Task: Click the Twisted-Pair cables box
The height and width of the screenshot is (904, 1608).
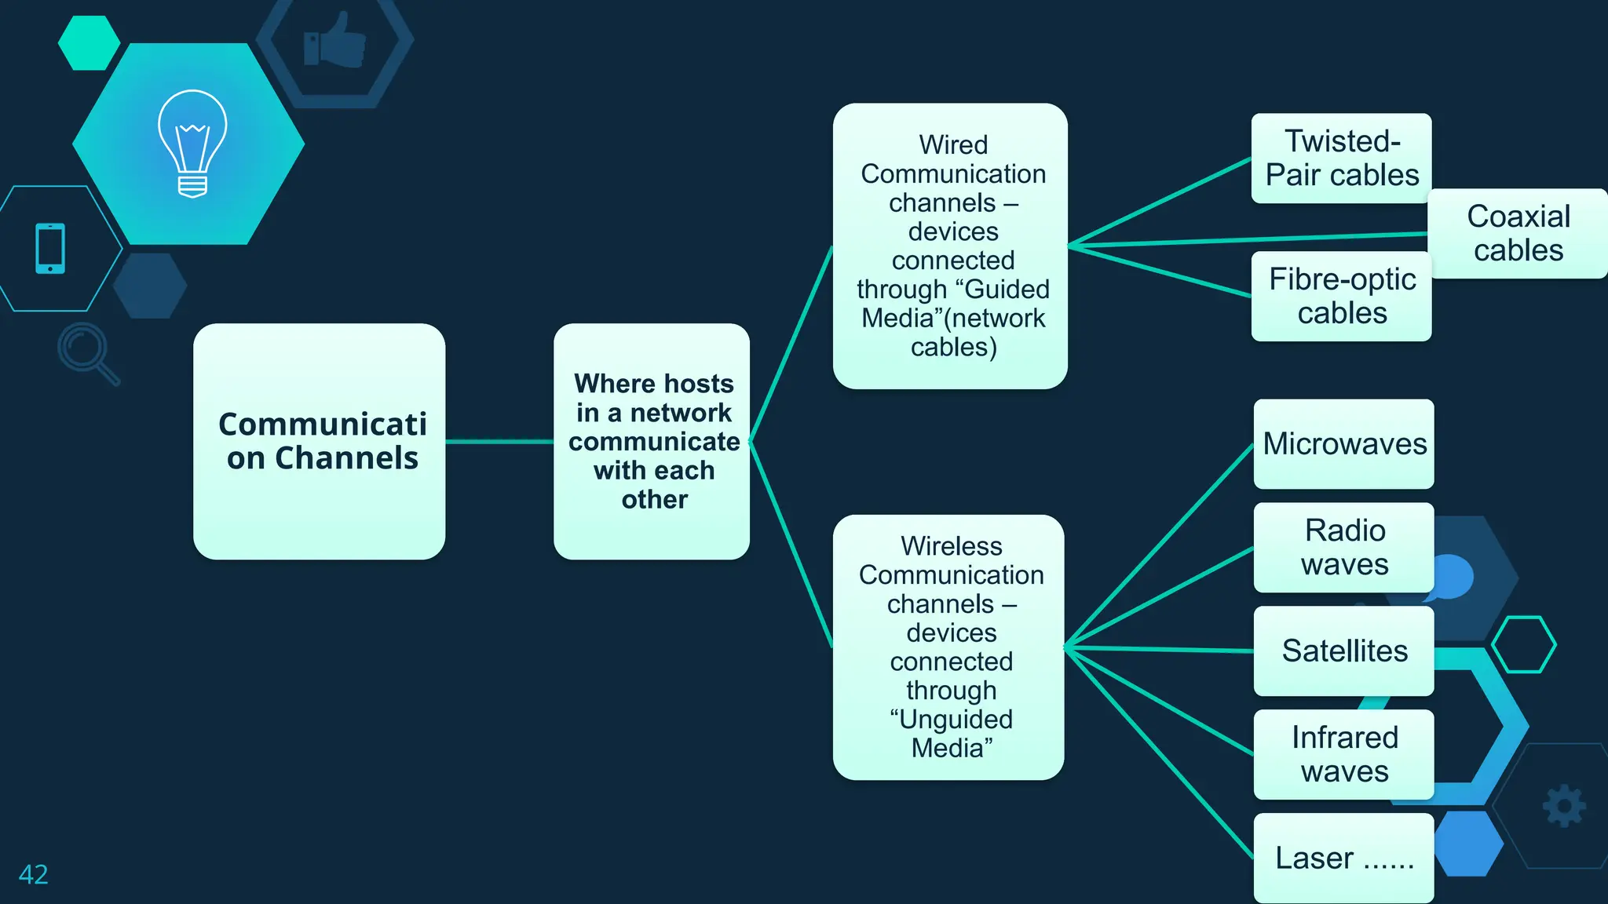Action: (1341, 159)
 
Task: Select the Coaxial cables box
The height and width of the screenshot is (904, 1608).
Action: (1518, 233)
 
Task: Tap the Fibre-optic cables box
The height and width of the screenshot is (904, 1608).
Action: (1341, 296)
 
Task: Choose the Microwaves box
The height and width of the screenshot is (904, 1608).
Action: (1343, 444)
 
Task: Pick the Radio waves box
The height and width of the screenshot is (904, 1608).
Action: (1343, 548)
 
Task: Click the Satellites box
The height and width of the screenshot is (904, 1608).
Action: (1343, 651)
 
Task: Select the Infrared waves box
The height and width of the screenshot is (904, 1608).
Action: (1343, 754)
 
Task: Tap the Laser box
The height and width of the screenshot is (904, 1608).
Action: (1343, 858)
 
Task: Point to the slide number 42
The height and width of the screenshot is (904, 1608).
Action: (34, 874)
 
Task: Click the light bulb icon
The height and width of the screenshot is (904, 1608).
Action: (192, 143)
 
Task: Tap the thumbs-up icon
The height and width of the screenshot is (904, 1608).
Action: (335, 42)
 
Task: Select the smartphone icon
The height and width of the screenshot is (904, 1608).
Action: (50, 249)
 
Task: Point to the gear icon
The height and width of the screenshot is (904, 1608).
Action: (1564, 805)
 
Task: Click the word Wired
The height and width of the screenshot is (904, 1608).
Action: (953, 145)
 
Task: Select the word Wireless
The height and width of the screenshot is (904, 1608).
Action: (952, 546)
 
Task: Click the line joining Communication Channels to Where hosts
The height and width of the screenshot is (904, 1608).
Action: (499, 442)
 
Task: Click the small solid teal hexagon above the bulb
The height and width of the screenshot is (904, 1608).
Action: (89, 42)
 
